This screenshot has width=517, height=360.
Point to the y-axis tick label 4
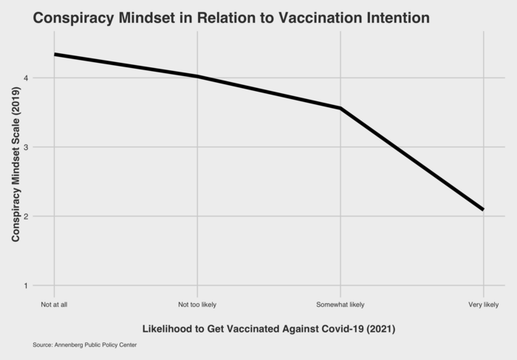(x=26, y=78)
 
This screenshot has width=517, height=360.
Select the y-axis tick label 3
(x=26, y=147)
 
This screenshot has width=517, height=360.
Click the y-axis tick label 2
(x=26, y=217)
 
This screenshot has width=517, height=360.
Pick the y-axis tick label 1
(x=26, y=285)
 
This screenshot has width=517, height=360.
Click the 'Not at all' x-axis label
(x=55, y=305)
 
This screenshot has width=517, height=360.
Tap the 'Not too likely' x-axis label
(x=197, y=305)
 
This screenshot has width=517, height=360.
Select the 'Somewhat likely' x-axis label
(x=340, y=305)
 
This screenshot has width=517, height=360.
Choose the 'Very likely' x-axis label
(x=484, y=305)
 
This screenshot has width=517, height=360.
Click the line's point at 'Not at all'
(x=55, y=54)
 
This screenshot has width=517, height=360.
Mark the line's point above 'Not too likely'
(x=197, y=76)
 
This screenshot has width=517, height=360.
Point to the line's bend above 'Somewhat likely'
(x=340, y=109)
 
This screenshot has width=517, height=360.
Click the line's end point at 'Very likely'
(x=483, y=210)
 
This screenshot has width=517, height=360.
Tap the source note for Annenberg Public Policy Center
(x=85, y=345)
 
